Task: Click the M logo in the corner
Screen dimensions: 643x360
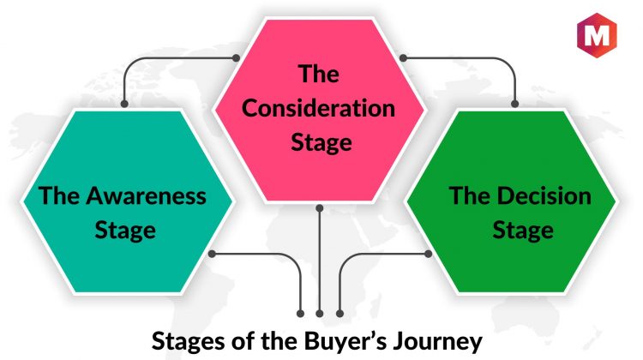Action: pyautogui.click(x=597, y=35)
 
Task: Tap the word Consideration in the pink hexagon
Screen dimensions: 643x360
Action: pyautogui.click(x=318, y=108)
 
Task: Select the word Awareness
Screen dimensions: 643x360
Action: pyautogui.click(x=146, y=195)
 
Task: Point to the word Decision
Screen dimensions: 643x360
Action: pyautogui.click(x=544, y=195)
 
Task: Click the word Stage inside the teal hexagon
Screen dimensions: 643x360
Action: pyautogui.click(x=125, y=231)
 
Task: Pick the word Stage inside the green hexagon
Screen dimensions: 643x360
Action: pyautogui.click(x=523, y=231)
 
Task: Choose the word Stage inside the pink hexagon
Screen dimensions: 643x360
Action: pyautogui.click(x=321, y=142)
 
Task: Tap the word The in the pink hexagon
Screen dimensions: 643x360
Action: pyautogui.click(x=319, y=74)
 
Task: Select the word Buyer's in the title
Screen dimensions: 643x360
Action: pyautogui.click(x=345, y=341)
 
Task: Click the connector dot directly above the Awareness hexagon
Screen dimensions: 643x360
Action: pyautogui.click(x=124, y=104)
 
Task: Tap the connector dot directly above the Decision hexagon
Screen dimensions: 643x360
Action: pyautogui.click(x=514, y=104)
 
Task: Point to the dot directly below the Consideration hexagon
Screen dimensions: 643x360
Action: pyautogui.click(x=320, y=208)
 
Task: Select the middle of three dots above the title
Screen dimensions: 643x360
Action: pyautogui.click(x=320, y=314)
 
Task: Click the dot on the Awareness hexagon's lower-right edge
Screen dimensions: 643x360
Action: pyautogui.click(x=212, y=254)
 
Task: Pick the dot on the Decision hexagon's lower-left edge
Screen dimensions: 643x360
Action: pyautogui.click(x=428, y=254)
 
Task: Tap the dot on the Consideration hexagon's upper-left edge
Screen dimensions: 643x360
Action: pyautogui.click(x=236, y=57)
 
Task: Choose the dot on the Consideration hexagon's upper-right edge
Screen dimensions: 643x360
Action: pyautogui.click(x=403, y=57)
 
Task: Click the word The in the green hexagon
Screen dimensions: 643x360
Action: pyautogui.click(x=470, y=195)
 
